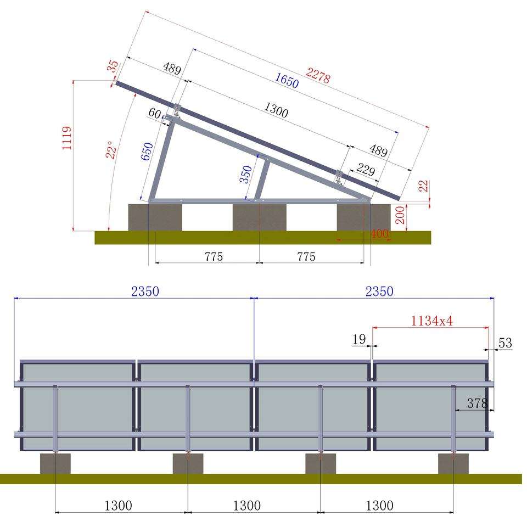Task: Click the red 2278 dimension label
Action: (318, 76)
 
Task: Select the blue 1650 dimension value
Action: (287, 80)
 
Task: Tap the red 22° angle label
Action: (111, 149)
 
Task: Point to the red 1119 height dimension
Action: (67, 138)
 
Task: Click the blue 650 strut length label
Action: (147, 152)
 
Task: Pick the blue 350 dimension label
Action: (246, 174)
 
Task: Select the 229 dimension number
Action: (366, 170)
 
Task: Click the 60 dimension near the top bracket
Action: (155, 113)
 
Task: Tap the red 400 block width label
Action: (379, 234)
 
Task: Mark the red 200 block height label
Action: (400, 215)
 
